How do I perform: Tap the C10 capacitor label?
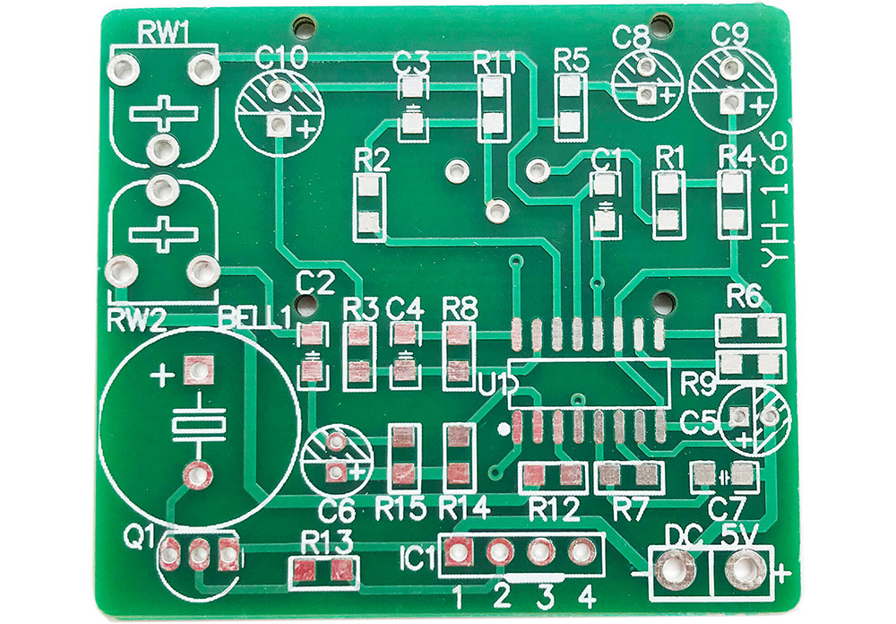coord(281,57)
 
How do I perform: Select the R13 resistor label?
coord(327,542)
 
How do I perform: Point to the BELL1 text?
coord(255,318)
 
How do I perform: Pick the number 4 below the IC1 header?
coord(587,598)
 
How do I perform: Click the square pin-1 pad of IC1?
coord(457,551)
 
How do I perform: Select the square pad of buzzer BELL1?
coord(198,371)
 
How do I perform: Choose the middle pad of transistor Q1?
coord(198,554)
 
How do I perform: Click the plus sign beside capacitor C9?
coord(760,106)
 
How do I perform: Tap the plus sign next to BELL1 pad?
coord(162,377)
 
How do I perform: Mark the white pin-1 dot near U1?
coord(504,428)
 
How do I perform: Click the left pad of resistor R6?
coord(730,328)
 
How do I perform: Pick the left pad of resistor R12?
coord(534,475)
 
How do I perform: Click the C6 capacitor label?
coord(338,510)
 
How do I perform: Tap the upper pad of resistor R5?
coord(569,87)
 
